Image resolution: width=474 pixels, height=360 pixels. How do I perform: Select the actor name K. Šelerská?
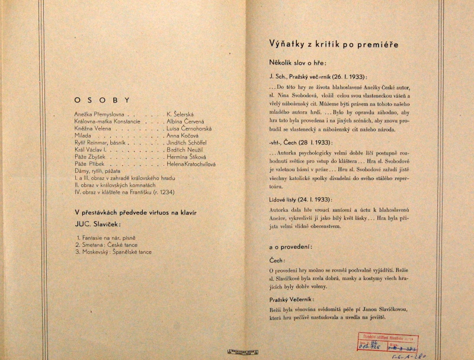[x=185, y=113]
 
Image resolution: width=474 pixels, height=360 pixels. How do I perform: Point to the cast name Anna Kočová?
[x=184, y=136]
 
